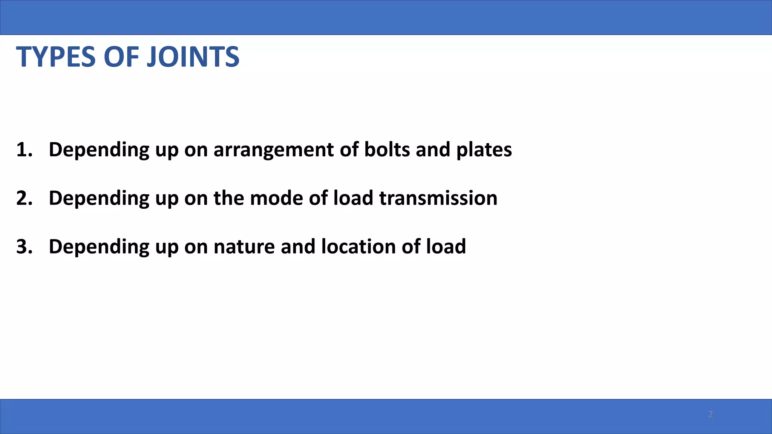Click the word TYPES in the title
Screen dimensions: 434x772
(x=56, y=57)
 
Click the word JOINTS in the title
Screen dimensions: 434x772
(x=193, y=57)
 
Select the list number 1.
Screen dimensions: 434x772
(x=24, y=150)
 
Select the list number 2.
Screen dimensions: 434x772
(x=24, y=198)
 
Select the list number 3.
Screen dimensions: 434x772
(x=24, y=247)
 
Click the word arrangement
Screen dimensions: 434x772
(x=273, y=150)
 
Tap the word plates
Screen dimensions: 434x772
(x=484, y=150)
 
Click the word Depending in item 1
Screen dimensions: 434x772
(x=99, y=150)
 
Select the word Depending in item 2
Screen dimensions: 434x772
(x=99, y=199)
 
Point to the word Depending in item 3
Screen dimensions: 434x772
(x=99, y=247)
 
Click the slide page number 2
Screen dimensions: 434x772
(x=710, y=414)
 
